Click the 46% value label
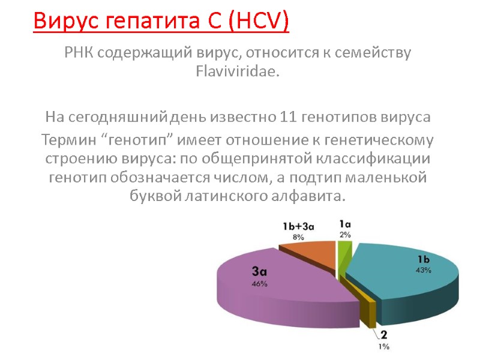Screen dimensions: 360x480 [260, 284]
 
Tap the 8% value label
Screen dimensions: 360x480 [298, 237]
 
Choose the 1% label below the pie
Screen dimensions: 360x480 [383, 346]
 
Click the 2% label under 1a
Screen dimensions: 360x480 [346, 235]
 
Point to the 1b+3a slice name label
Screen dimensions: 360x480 [298, 226]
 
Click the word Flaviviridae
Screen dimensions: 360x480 [238, 72]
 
